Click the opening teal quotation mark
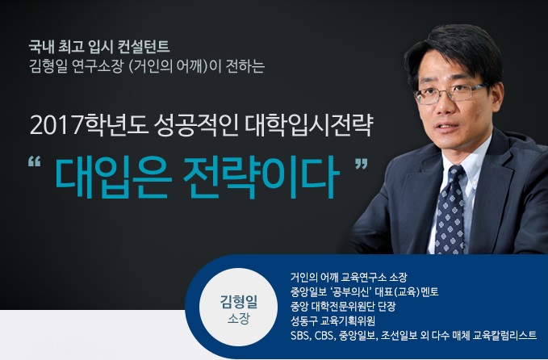click(34, 161)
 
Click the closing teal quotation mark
click(362, 164)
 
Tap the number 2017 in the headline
click(56, 125)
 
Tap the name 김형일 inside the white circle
click(238, 301)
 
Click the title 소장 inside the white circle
click(238, 319)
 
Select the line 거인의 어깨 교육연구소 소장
click(349, 278)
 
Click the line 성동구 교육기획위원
click(333, 321)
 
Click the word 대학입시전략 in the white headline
click(308, 125)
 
